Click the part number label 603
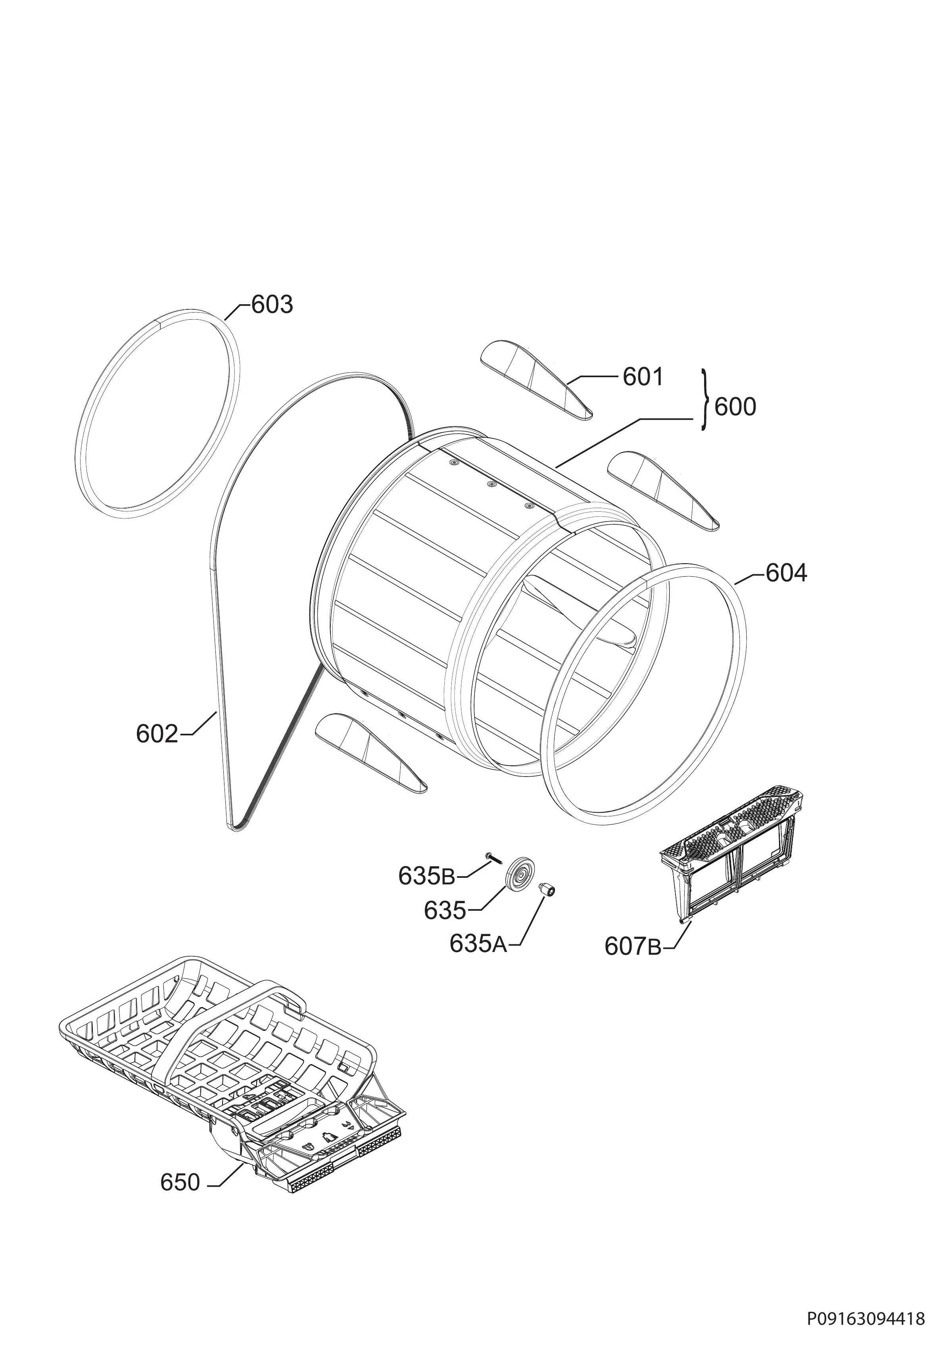[272, 305]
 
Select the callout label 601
[643, 377]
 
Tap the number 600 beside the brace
[735, 407]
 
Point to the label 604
[786, 573]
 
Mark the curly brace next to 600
[706, 401]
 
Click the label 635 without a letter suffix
[445, 911]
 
